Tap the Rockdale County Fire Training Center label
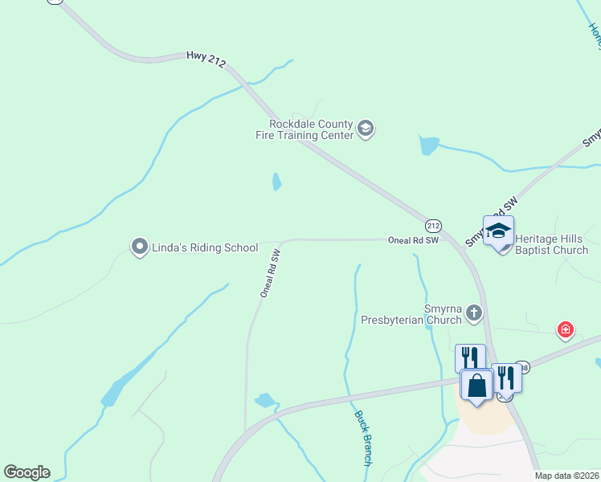(311, 129)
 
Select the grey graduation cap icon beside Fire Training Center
(366, 129)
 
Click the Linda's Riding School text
(205, 247)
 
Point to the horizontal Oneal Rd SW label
(413, 239)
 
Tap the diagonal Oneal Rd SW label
(269, 274)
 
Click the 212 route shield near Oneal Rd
(433, 226)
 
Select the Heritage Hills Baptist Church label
(551, 244)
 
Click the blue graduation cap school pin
(498, 231)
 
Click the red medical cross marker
(566, 329)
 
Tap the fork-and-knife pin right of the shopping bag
(506, 377)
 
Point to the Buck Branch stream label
(362, 439)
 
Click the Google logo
(27, 472)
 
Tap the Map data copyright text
(567, 476)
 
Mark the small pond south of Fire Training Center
(276, 182)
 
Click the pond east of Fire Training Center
(428, 145)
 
